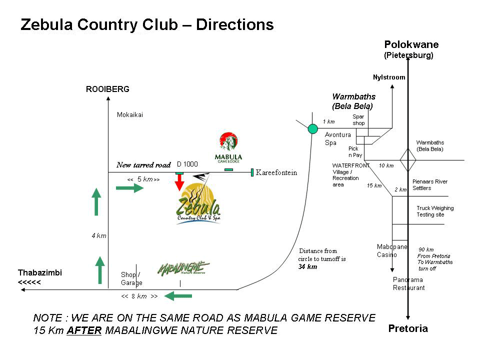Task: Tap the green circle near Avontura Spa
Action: (313, 129)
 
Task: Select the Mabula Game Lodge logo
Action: (228, 148)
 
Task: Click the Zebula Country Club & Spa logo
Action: (198, 204)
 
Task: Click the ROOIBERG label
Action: (107, 89)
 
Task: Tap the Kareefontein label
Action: (276, 173)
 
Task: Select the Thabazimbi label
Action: (40, 273)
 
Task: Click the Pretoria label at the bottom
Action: (408, 328)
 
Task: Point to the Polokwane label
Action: (411, 45)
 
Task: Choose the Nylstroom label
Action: (389, 77)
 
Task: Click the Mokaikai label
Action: (130, 114)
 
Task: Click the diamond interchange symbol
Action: (408, 160)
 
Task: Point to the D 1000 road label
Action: (187, 164)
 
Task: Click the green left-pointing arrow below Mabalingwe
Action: (178, 296)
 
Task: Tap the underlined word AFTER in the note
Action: (84, 330)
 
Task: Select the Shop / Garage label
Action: (131, 278)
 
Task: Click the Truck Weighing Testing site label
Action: (435, 211)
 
